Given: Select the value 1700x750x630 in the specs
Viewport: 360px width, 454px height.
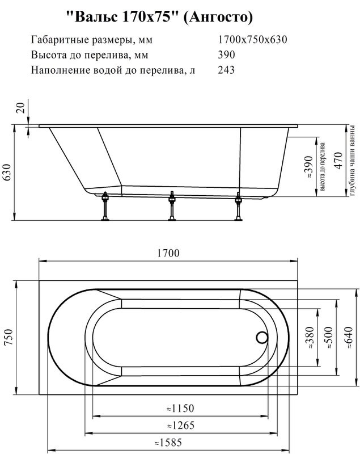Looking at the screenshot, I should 252,40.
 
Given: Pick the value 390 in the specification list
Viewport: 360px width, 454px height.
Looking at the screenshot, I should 226,55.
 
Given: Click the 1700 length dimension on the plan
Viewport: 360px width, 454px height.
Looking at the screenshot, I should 169,254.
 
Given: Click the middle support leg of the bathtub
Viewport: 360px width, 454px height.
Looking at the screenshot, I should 171,207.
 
